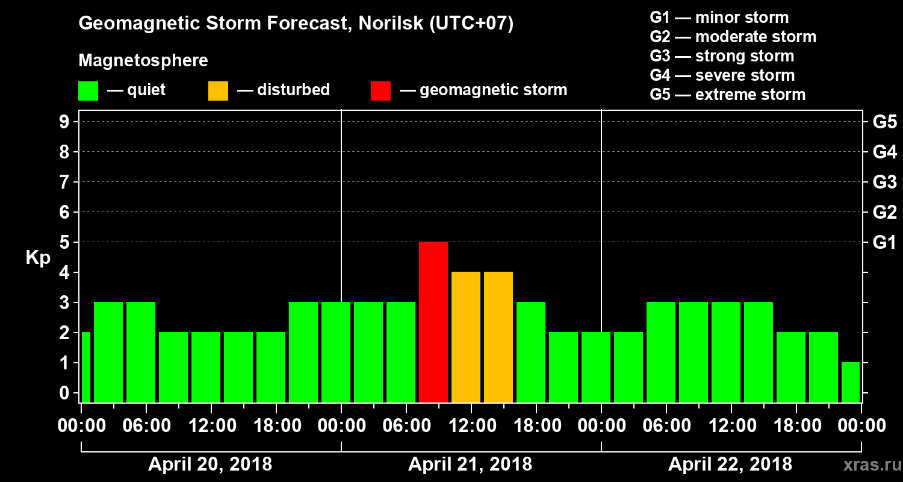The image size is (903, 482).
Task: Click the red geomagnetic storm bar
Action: pos(433,322)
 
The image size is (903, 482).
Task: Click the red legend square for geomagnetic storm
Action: pos(380,91)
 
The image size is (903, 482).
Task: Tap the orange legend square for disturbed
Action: pos(218,91)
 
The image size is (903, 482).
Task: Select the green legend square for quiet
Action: pos(88,91)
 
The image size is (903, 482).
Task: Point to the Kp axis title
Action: pos(38,258)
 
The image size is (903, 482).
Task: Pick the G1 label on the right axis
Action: pos(884,243)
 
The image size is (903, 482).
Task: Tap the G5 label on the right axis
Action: pos(884,122)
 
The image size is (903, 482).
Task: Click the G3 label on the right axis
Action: pos(884,183)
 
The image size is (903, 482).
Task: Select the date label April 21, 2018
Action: pos(470,465)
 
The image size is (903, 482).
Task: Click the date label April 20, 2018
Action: pos(210,465)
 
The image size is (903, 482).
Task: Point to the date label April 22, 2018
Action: pos(730,465)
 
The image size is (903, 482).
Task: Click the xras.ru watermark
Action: pos(867,465)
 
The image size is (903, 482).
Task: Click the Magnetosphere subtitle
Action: pos(143,61)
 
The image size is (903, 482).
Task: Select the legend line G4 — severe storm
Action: pos(722,75)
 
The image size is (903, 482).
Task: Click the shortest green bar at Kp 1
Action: pos(850,382)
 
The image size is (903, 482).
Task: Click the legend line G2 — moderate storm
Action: pos(733,37)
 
